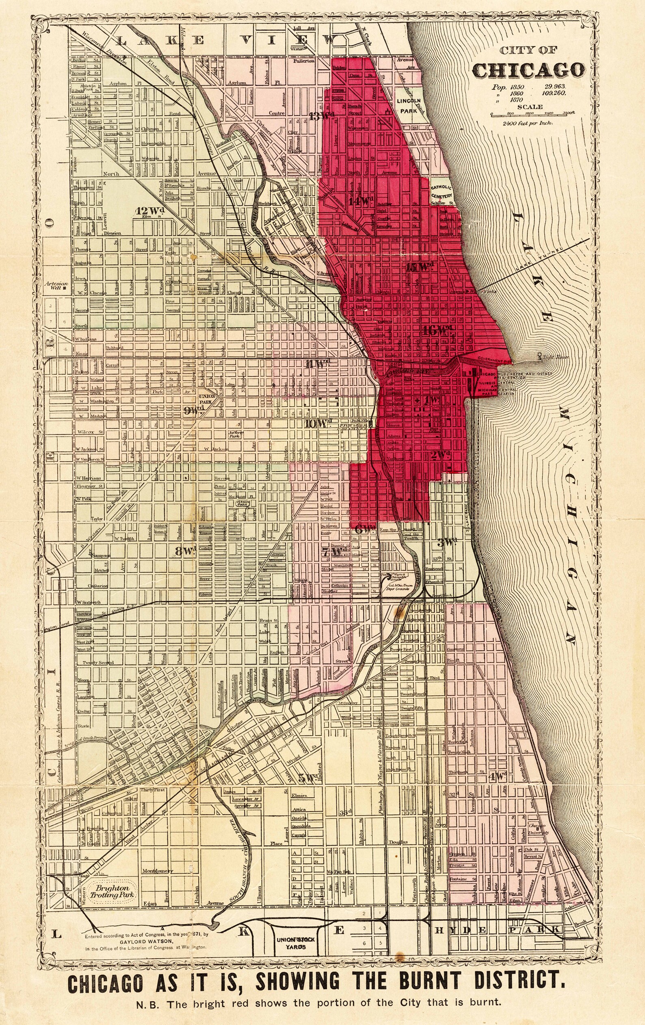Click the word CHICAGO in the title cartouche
pos(528,71)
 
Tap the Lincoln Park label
pos(408,106)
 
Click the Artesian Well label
pos(54,285)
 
